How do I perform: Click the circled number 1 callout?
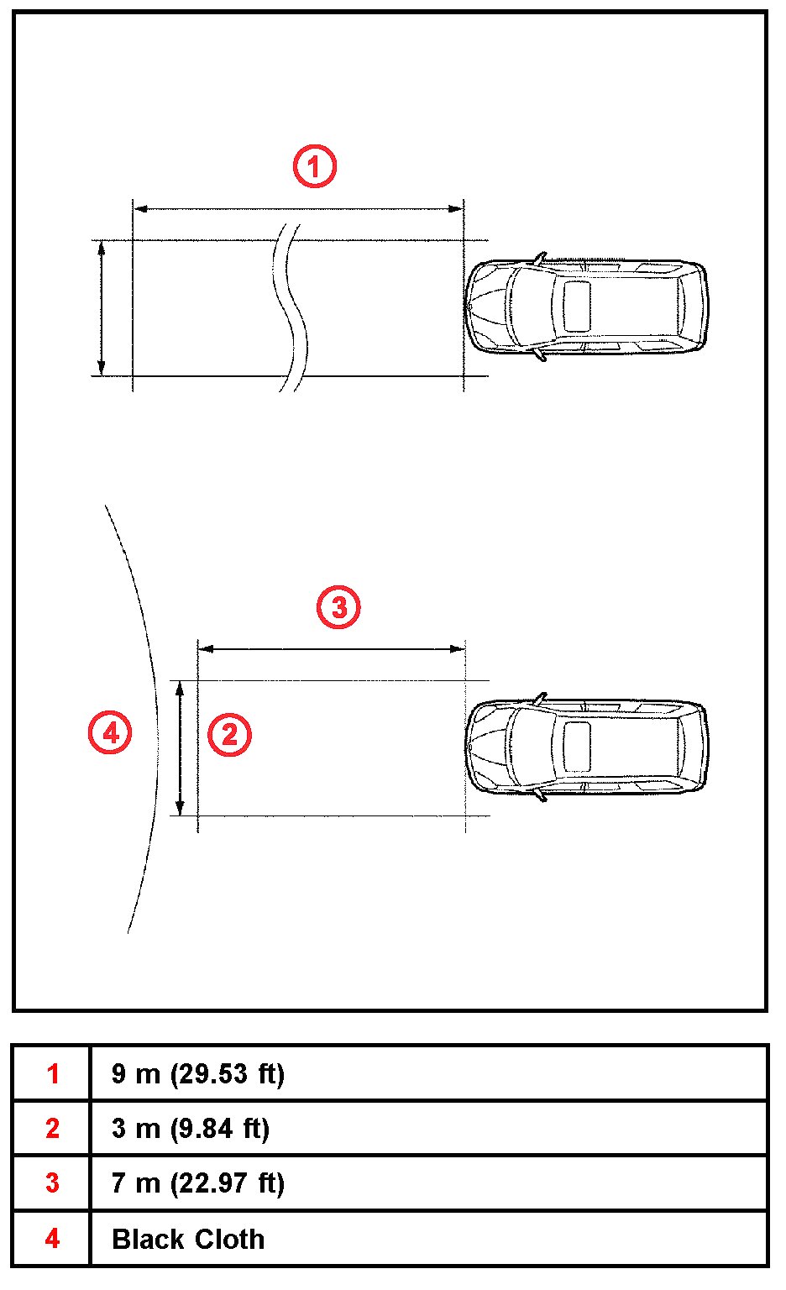314,166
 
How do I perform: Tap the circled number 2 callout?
229,734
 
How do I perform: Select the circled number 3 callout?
338,607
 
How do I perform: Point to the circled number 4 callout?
110,732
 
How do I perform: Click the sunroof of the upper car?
576,307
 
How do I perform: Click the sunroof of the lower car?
576,747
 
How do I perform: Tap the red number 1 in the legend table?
52,1074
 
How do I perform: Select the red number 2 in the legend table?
52,1128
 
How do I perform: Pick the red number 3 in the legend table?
52,1182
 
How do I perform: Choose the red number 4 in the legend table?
52,1238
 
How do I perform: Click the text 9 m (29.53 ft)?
198,1075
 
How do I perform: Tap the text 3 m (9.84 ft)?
191,1129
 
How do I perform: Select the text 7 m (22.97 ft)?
198,1183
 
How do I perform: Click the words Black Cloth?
188,1239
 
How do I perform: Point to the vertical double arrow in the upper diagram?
102,308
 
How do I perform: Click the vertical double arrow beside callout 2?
180,748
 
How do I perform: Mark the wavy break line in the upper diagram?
291,308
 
